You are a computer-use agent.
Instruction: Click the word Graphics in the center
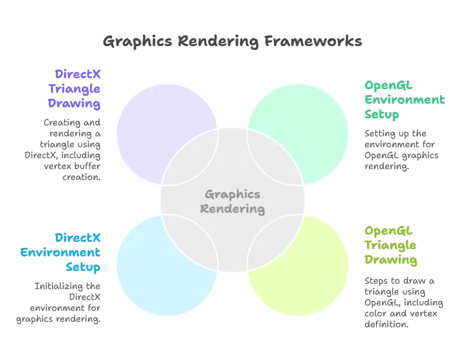[x=232, y=195]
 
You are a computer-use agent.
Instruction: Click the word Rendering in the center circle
[x=232, y=210]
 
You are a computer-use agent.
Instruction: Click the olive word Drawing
[x=391, y=261]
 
